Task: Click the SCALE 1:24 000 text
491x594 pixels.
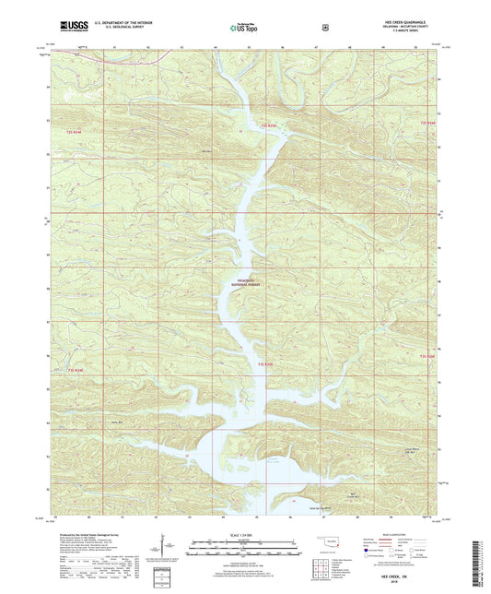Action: tap(245, 535)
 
